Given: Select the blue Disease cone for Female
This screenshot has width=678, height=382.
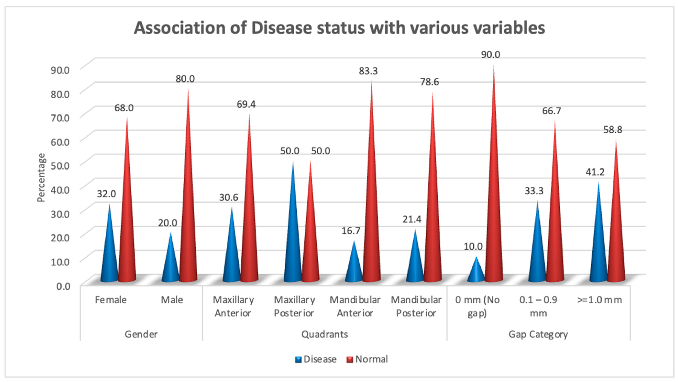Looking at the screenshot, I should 109,253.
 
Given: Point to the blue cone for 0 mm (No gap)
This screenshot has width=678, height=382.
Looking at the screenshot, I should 476,272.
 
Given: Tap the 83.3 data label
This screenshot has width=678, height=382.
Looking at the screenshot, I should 368,71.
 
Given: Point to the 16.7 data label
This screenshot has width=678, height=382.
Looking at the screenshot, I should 351,231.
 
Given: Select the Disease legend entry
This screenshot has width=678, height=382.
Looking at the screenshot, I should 316,359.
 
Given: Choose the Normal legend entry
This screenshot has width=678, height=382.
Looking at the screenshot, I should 367,359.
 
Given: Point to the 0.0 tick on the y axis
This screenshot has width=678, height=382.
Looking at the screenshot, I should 63,286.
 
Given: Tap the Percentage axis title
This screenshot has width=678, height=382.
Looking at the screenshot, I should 41,178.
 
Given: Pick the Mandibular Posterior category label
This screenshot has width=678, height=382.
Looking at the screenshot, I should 416,307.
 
